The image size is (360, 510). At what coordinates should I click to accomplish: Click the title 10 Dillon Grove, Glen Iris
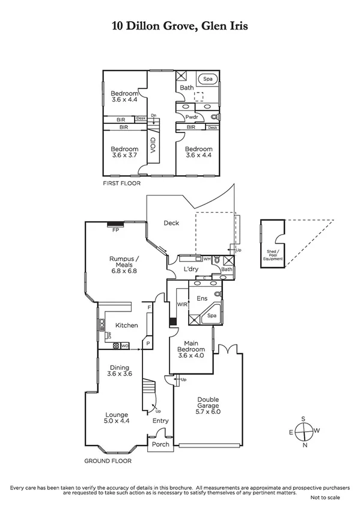180,26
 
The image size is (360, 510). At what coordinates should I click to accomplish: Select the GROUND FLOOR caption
108,461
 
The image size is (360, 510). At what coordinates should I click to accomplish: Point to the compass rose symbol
305,431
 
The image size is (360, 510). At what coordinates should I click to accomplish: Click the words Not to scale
328,498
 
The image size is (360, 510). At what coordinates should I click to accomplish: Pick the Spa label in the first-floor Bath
208,79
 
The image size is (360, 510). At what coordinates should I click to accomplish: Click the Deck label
171,223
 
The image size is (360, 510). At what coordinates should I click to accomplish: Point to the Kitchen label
127,325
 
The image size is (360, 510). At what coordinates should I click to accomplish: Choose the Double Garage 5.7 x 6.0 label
207,404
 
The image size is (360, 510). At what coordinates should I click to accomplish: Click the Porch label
160,444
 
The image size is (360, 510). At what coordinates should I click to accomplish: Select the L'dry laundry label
191,269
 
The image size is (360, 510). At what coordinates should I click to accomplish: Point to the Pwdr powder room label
192,116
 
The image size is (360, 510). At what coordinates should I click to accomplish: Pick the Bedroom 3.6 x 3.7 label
124,152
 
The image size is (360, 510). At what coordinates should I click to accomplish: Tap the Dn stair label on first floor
154,115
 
